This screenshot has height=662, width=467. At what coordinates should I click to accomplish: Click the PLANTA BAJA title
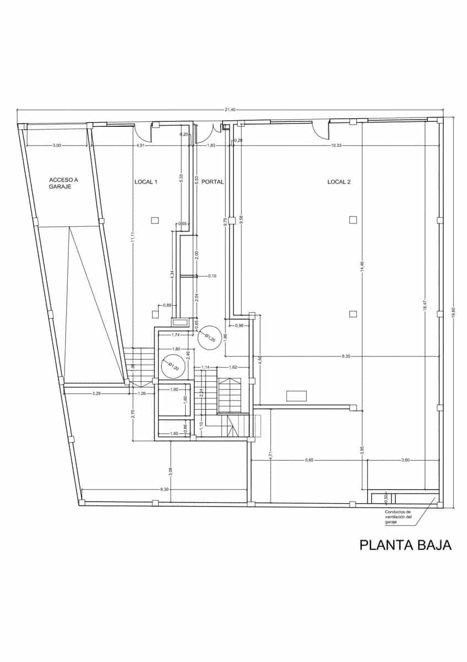pos(405,545)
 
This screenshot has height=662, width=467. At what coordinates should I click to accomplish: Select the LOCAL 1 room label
pos(146,181)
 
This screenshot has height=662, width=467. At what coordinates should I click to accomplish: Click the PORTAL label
pos(212,181)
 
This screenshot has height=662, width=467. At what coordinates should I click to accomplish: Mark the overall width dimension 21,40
pos(229,110)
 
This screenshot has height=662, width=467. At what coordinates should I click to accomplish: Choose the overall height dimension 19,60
pos(453,312)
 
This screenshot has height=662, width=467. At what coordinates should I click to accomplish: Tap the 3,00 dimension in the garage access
pos(57,145)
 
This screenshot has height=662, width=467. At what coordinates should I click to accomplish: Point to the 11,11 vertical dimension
pos(133,237)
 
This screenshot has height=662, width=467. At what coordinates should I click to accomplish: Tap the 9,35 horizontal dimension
pos(346,356)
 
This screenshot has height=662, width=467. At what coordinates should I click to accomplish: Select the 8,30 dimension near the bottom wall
pos(164,489)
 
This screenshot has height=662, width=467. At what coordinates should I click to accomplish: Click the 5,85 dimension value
pos(309,460)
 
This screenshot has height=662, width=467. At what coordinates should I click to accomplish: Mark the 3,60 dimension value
pos(405,460)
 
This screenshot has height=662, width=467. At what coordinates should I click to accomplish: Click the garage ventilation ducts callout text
pos(398,516)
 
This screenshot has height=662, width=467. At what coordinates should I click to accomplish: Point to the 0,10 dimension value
pos(212,275)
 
